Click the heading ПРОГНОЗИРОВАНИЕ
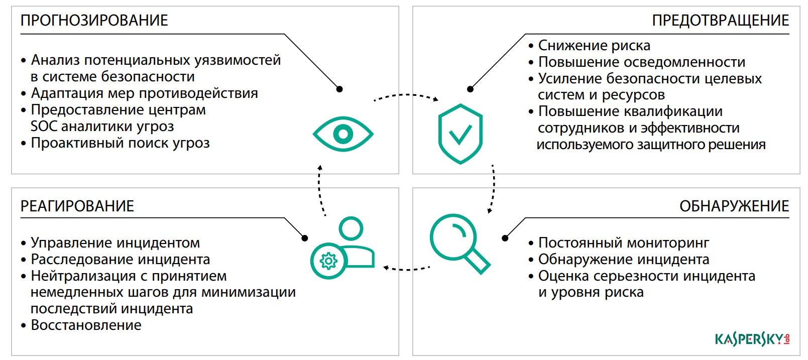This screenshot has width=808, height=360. pos(94,21)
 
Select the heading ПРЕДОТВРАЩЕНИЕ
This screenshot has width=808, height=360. pos(720,21)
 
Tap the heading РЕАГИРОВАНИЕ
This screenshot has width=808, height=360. pos(77,206)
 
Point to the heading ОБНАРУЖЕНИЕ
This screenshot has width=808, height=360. pos(734,206)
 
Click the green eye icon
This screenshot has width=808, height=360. pos(343,134)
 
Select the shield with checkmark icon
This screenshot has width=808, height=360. pos(460,134)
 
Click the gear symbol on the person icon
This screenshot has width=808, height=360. pos(328,261)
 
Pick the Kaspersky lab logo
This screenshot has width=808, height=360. pos(752,339)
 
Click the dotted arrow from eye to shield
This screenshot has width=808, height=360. pos(406,95)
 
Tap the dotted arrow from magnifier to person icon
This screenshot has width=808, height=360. pos(407,269)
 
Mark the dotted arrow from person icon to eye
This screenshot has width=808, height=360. pos(320,191)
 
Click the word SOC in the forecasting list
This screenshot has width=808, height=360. pos(44,127)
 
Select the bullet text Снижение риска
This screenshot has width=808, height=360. pos(594,46)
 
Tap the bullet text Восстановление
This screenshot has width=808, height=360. pos(86,325)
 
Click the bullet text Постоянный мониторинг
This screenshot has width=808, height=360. pos(623,243)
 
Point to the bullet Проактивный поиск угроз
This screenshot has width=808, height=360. pos(120,143)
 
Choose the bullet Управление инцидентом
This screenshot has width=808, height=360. pos(115,243)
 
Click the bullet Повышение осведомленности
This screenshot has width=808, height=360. pos(641,62)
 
